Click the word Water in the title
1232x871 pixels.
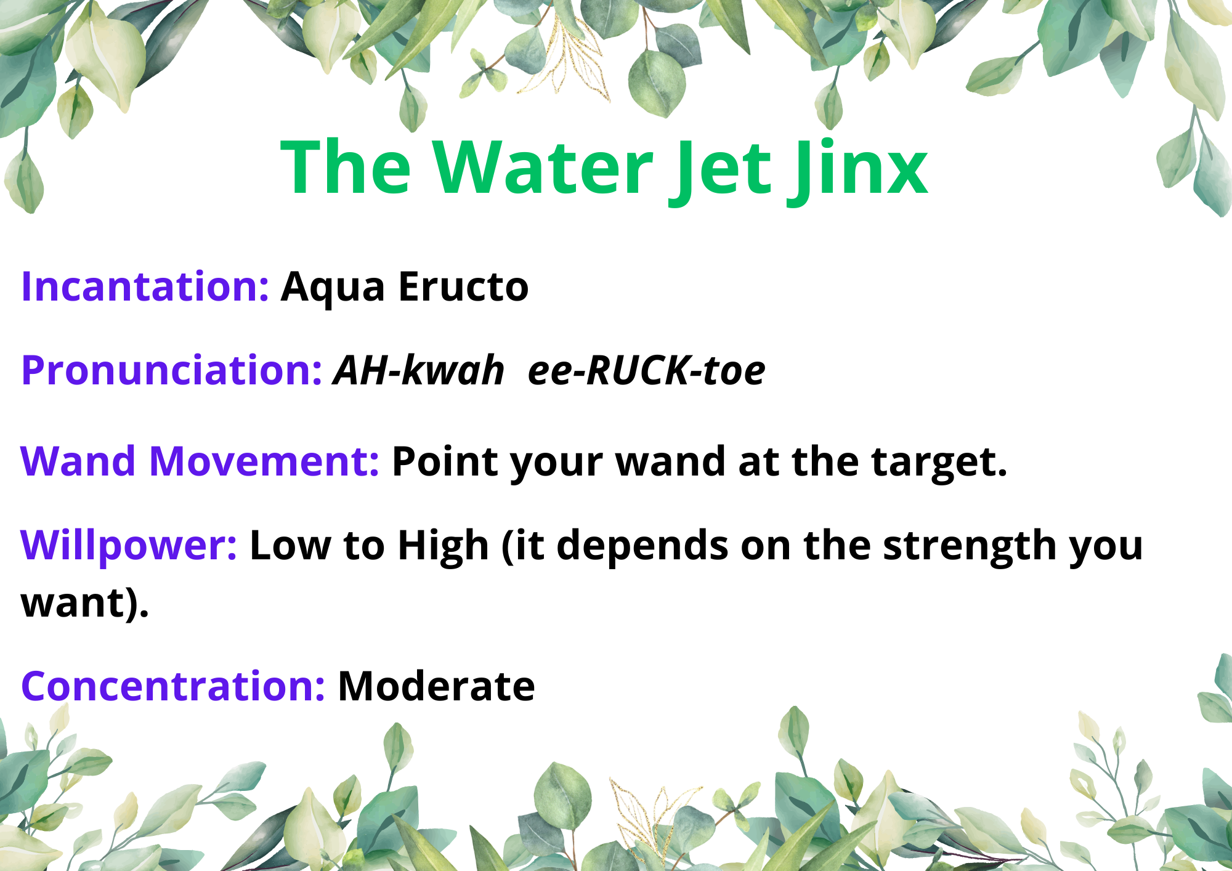click(542, 168)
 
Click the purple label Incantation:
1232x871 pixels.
click(145, 286)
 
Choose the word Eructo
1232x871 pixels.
click(464, 286)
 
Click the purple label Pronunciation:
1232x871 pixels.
click(172, 370)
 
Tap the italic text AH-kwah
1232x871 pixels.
click(419, 370)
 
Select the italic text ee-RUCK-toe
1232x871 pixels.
click(647, 370)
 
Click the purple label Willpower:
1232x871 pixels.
click(129, 546)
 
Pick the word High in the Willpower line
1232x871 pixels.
click(443, 546)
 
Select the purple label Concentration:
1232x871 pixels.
click(173, 686)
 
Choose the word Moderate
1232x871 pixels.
click(437, 686)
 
